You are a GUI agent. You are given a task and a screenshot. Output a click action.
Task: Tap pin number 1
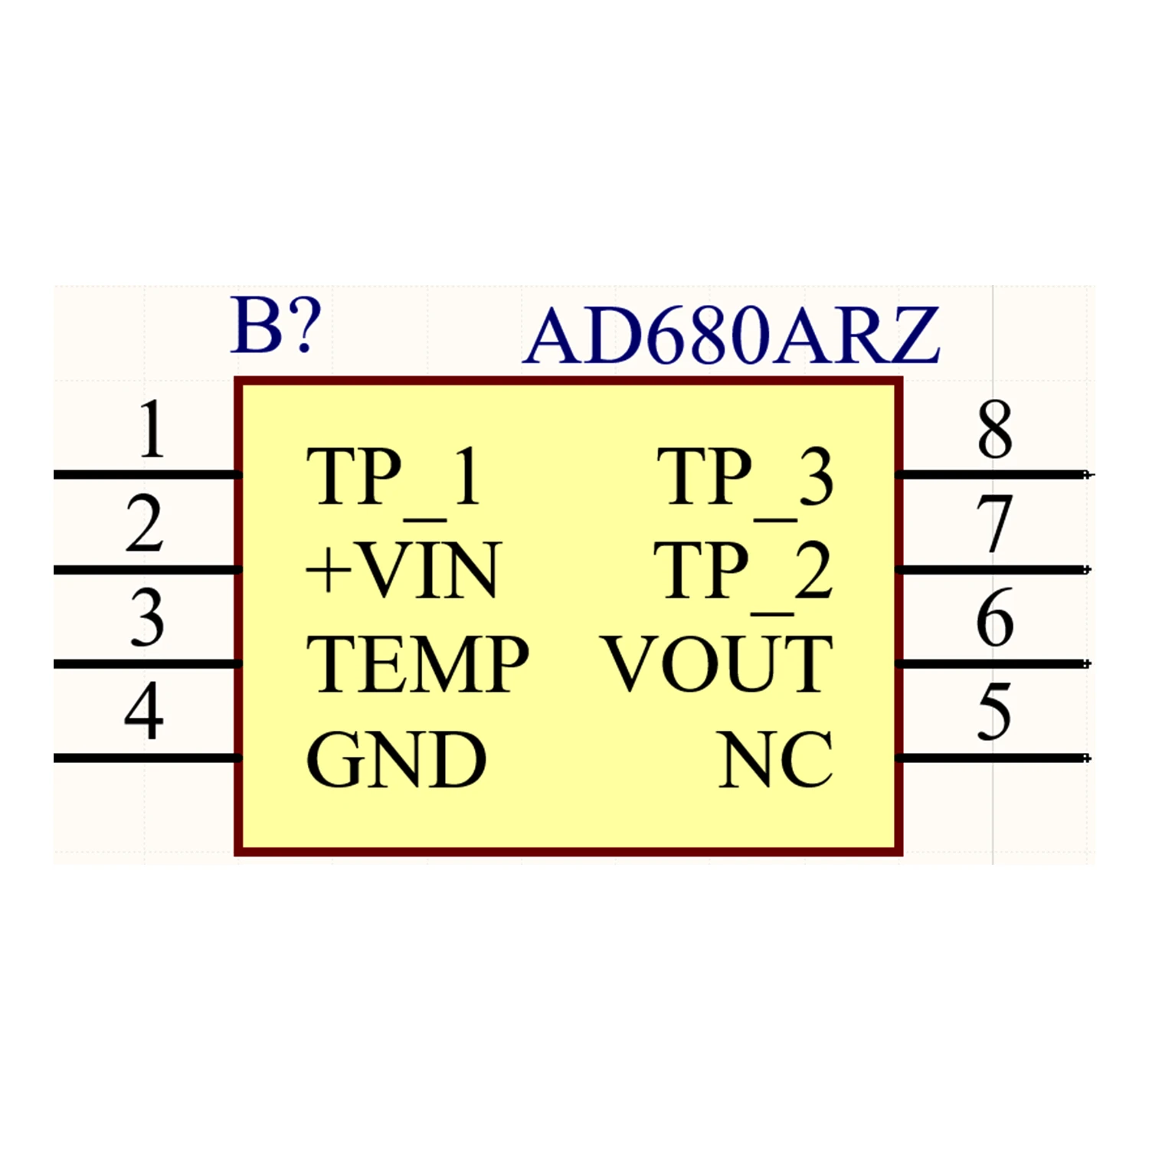pyautogui.click(x=151, y=430)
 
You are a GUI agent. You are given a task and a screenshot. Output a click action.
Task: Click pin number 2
pyautogui.click(x=145, y=525)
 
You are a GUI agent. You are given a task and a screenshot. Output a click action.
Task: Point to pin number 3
pyautogui.click(x=146, y=618)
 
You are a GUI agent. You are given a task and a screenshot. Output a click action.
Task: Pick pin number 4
pyautogui.click(x=144, y=712)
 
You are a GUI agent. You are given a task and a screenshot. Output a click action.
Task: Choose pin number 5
pyautogui.click(x=994, y=712)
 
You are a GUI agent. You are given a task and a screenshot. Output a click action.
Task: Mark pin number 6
pyautogui.click(x=994, y=618)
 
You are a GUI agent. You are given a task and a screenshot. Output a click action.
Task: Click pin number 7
pyautogui.click(x=994, y=525)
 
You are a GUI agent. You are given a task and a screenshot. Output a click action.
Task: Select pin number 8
pyautogui.click(x=994, y=430)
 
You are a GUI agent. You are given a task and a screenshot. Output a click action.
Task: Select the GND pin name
pyautogui.click(x=396, y=760)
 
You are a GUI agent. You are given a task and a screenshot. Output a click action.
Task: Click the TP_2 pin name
pyautogui.click(x=742, y=571)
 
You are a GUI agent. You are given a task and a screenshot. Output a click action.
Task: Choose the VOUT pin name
pyautogui.click(x=718, y=665)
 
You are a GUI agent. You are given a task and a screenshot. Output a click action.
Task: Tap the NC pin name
pyautogui.click(x=776, y=760)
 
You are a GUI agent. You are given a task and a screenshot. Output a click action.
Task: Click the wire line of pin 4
pyautogui.click(x=146, y=758)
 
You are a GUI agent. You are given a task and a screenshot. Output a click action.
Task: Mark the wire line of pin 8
pyautogui.click(x=992, y=475)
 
